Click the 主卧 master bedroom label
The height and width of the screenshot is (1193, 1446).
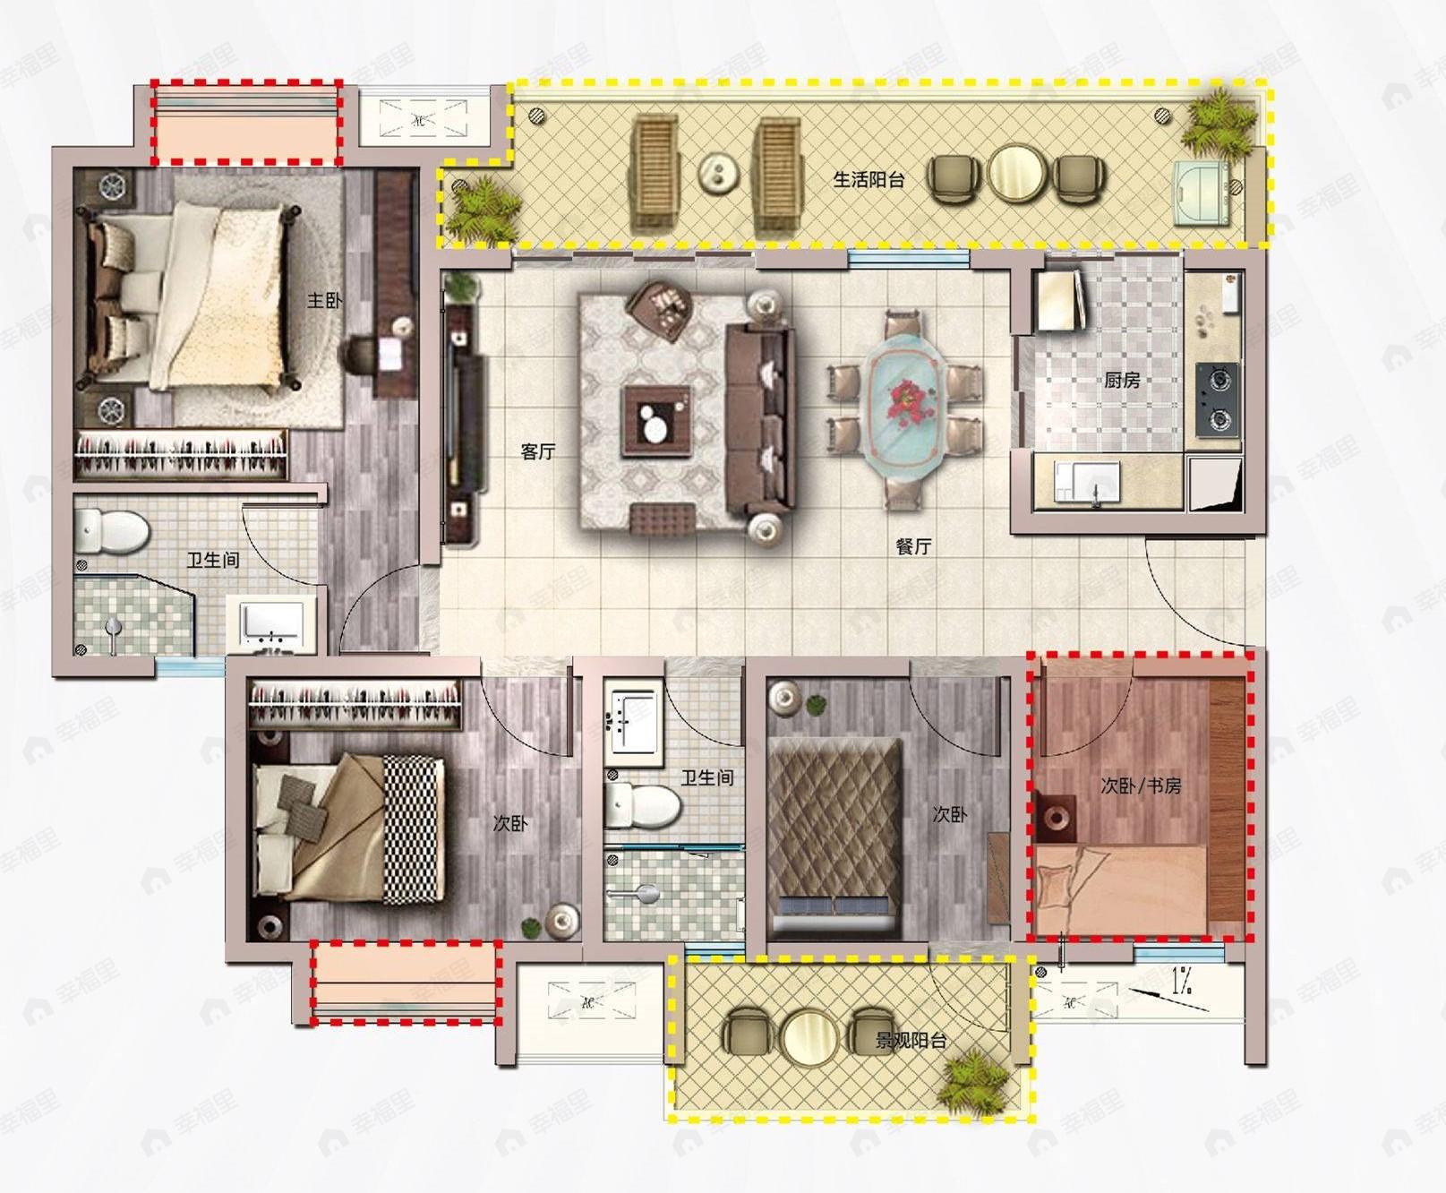point(324,300)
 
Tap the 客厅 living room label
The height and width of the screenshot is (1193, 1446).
point(538,451)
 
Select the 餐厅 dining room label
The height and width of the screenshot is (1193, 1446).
point(913,545)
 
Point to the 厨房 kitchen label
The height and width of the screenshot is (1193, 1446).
point(1122,380)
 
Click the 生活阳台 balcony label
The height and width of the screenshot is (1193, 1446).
point(868,179)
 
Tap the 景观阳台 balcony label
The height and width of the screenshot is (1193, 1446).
point(911,1041)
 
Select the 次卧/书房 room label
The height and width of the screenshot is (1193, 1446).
point(1141,785)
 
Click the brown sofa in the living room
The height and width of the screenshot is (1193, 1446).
point(760,421)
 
